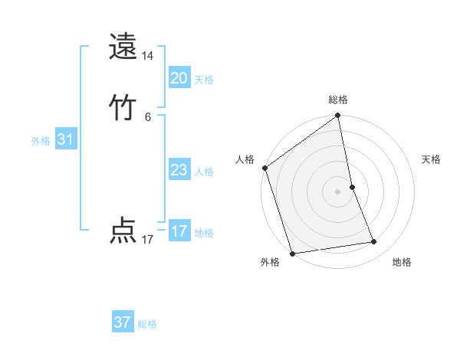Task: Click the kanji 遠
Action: point(123,47)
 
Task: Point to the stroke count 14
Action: point(148,56)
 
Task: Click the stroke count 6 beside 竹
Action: point(148,116)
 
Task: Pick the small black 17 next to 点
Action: point(148,240)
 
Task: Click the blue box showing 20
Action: point(179,78)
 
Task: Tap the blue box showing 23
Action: point(179,170)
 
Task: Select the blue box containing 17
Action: point(179,231)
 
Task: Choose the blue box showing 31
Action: point(65,139)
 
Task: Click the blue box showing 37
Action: point(123,322)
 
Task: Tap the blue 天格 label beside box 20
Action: point(203,80)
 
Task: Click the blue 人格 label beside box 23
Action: point(203,172)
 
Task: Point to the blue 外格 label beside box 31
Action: point(41,141)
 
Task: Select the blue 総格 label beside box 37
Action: point(147,324)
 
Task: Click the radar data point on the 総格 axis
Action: point(338,116)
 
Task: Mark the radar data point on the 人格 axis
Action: point(264,168)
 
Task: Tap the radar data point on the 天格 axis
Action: point(352,187)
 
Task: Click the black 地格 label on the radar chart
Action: point(402,262)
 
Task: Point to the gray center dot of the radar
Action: point(338,191)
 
